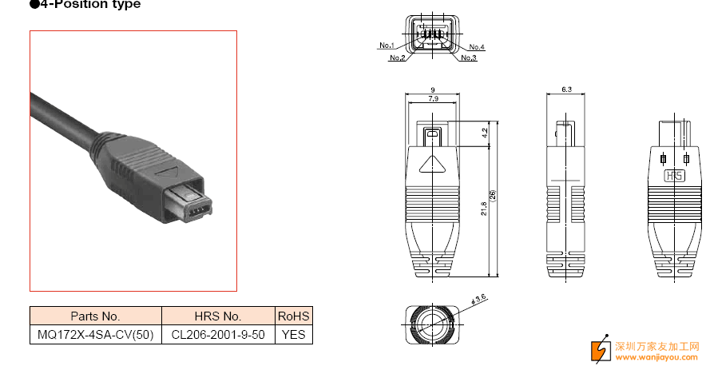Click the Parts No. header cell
tap(96, 316)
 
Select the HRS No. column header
tap(218, 316)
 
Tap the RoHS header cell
tap(293, 316)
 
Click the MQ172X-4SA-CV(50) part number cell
tap(96, 335)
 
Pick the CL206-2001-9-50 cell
tap(218, 335)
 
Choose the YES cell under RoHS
tap(293, 335)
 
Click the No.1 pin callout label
tap(387, 46)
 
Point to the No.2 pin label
tap(397, 58)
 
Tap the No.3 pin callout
tap(469, 58)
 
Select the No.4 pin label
tap(477, 46)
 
